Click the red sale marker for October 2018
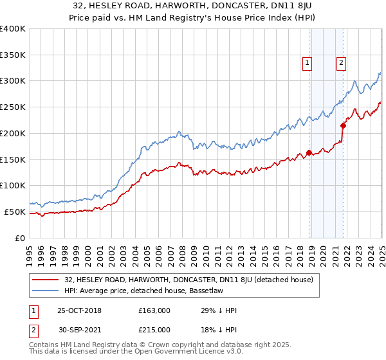309,152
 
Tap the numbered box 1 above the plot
308,63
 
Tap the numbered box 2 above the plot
341,63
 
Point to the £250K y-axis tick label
12,107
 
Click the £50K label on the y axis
15,212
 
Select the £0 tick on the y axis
19,238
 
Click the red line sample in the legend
46,280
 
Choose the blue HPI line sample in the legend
46,291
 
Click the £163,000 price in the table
154,310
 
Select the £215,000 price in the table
154,330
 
